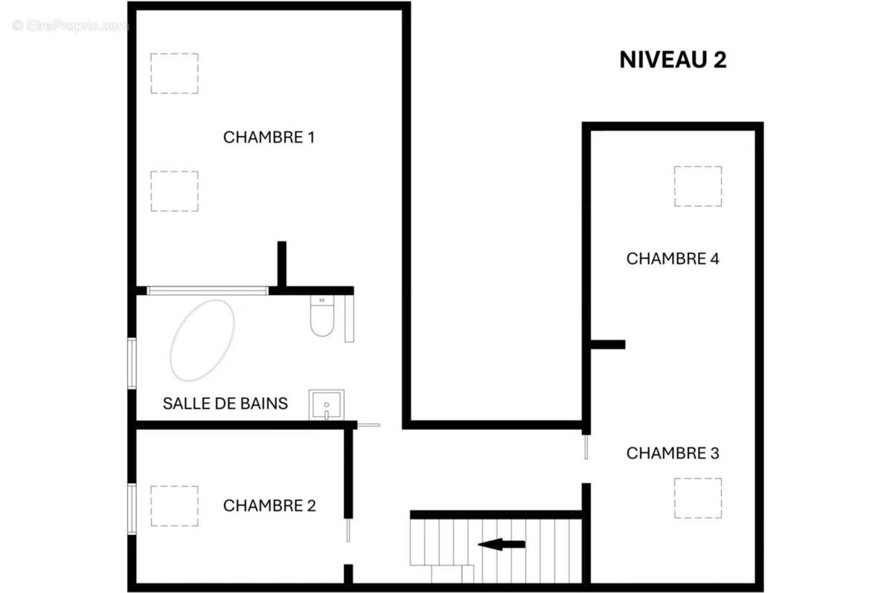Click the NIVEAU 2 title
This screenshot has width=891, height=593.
click(673, 60)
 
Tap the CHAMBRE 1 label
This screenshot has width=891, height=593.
click(269, 137)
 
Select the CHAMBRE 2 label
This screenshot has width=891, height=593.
click(270, 505)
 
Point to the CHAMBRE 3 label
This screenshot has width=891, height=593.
click(673, 453)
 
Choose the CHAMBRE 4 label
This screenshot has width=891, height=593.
click(673, 259)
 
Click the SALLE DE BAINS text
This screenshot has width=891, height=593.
click(225, 404)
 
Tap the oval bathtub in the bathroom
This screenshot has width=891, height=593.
click(202, 340)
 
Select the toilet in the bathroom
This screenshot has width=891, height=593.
click(322, 317)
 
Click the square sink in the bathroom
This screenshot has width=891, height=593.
click(327, 404)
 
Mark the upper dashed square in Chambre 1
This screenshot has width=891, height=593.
click(174, 73)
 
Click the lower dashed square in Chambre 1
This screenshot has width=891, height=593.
click(174, 191)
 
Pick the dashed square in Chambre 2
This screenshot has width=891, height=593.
click(174, 506)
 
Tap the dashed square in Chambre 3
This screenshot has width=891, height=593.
click(697, 498)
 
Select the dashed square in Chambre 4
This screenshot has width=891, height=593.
click(697, 186)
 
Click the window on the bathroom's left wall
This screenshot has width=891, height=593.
click(131, 363)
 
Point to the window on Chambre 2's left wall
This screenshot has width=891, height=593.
click(131, 508)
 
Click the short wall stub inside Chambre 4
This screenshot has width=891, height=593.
click(607, 344)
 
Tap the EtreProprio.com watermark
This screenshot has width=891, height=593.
click(71, 26)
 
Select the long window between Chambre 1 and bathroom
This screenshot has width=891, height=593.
click(207, 291)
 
